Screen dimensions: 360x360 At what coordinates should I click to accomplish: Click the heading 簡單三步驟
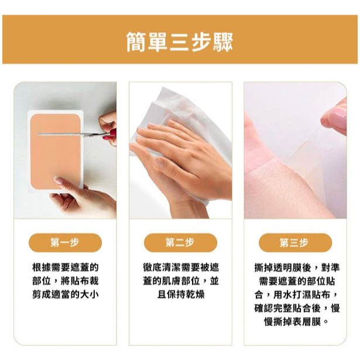(x=180, y=42)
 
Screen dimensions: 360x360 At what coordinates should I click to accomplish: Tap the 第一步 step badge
(x=65, y=242)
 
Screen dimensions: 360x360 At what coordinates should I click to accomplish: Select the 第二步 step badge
(x=180, y=242)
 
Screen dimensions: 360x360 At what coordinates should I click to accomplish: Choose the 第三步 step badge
(x=294, y=242)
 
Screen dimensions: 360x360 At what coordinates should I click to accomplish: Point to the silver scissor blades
(x=70, y=134)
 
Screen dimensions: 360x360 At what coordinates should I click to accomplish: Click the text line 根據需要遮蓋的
(x=65, y=267)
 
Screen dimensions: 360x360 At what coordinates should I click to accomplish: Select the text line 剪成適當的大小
(x=65, y=294)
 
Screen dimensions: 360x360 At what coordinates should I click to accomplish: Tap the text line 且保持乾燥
(x=180, y=294)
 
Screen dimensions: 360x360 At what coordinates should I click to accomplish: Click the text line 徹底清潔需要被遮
(x=180, y=267)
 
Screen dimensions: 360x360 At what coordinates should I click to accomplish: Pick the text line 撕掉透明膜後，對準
(x=294, y=267)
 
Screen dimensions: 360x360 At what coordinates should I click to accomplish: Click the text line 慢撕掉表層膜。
(x=294, y=322)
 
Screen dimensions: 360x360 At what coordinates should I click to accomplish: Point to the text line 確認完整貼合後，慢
(x=294, y=308)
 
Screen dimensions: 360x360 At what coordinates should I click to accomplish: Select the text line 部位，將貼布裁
(x=65, y=280)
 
